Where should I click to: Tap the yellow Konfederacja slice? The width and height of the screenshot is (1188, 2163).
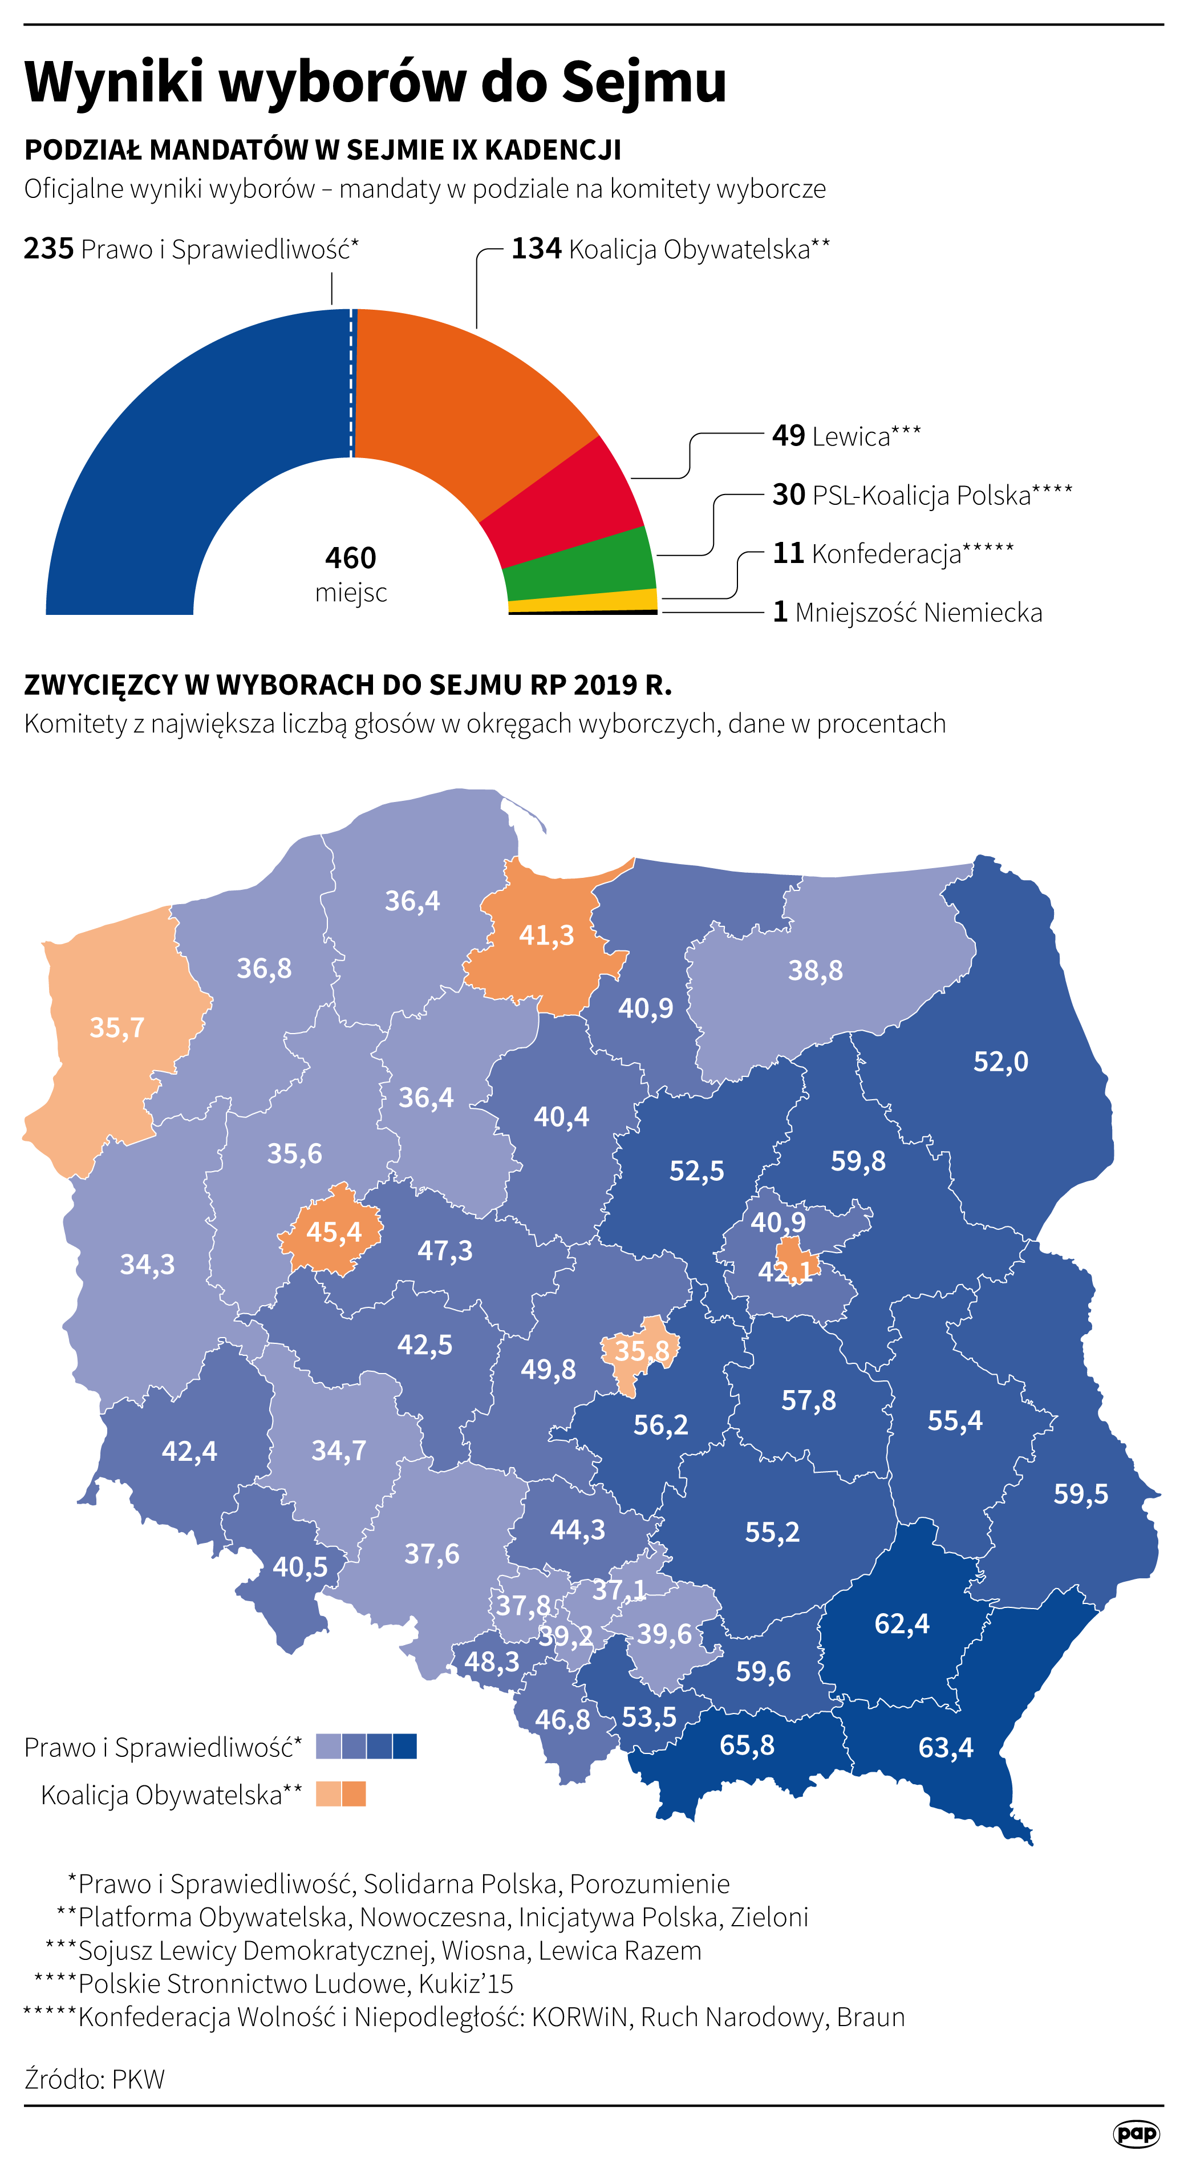pos(583,601)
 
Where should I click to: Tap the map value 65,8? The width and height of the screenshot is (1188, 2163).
pos(747,1745)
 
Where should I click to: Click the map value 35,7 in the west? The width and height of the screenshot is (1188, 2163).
pos(117,1028)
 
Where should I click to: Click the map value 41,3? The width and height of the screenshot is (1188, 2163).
pos(546,934)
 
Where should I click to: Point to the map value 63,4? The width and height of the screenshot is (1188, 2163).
pos(946,1747)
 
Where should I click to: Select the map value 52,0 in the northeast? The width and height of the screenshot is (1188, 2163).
pos(1000,1062)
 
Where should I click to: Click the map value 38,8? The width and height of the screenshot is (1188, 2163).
pos(814,971)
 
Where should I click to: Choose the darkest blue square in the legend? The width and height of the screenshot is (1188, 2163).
pos(405,1747)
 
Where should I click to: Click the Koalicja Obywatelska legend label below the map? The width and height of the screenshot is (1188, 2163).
pos(171,1795)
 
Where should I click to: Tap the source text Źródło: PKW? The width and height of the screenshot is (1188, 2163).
pos(94,2079)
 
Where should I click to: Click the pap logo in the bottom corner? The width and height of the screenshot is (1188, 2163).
pos(1136,2133)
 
